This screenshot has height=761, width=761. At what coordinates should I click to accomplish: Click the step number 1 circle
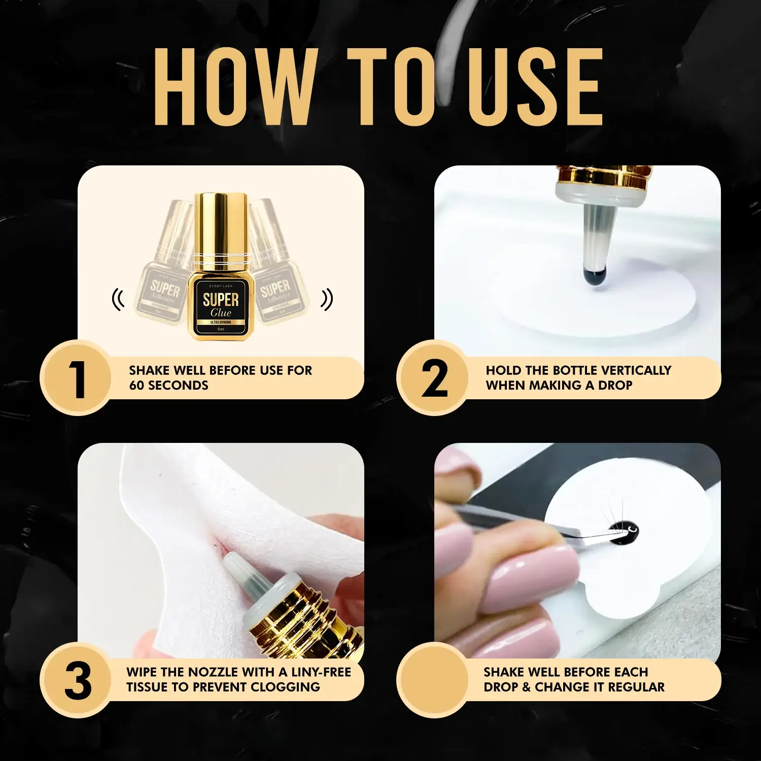76,378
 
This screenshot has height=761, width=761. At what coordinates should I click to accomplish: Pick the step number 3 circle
76,680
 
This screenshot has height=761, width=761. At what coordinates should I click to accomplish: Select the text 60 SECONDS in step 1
168,386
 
